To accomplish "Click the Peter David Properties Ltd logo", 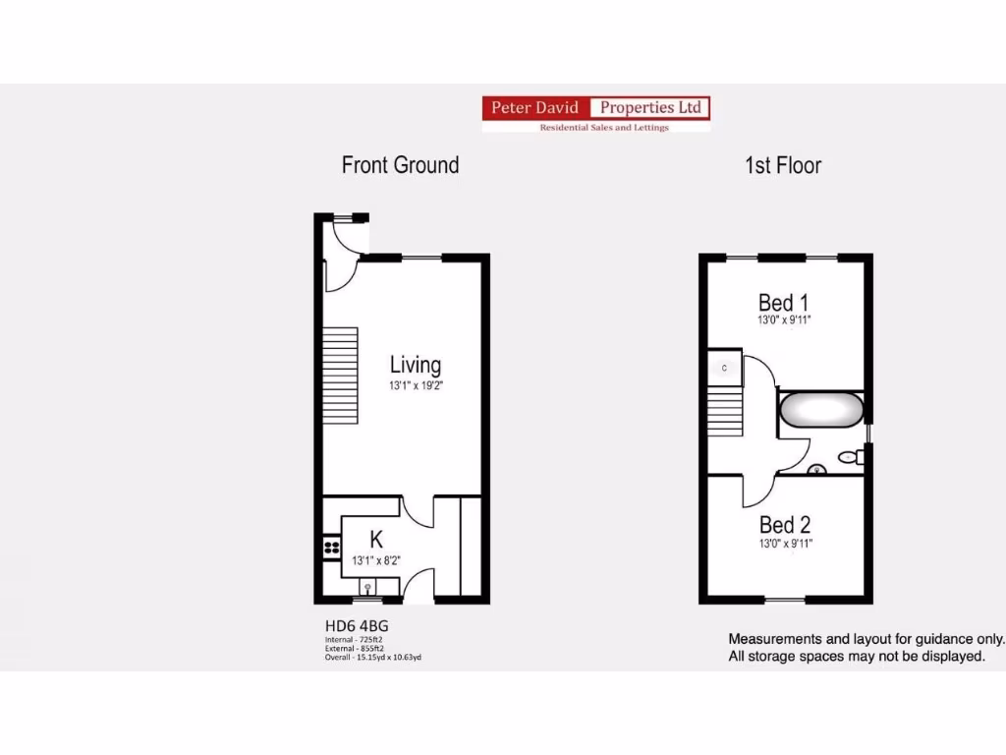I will coord(595,114).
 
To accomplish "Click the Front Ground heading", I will coord(400,165).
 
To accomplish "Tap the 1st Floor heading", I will coord(782,165).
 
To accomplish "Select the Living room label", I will coord(416,366).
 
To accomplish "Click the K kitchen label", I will coord(375,539).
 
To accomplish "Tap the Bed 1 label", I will coord(783,302).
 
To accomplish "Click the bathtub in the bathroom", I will coord(821,410).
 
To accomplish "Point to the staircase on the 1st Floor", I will coord(724,411).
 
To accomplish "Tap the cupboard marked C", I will coord(724,368).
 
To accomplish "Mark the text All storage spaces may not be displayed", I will coord(856,656).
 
